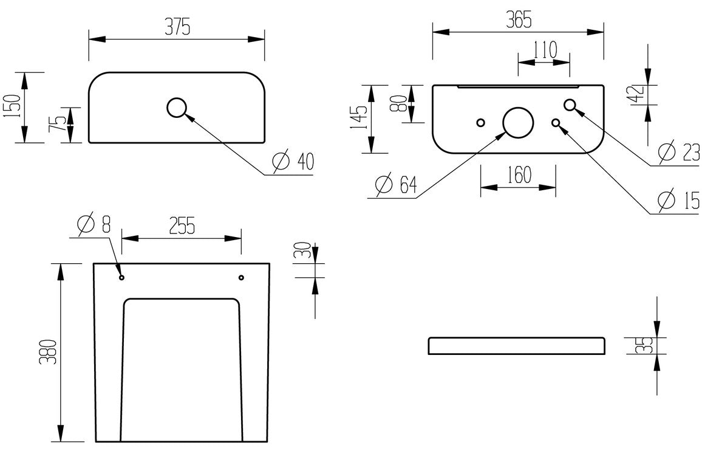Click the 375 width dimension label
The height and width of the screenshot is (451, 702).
pyautogui.click(x=177, y=26)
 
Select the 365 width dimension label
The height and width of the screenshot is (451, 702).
pyautogui.click(x=518, y=19)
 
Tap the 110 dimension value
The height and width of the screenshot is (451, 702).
pyautogui.click(x=544, y=50)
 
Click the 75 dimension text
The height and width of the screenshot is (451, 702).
pyautogui.click(x=58, y=125)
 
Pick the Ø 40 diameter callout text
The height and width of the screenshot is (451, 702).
pyautogui.click(x=293, y=162)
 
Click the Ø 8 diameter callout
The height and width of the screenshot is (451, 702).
pyautogui.click(x=94, y=224)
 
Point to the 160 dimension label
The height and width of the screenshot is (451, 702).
pyautogui.click(x=518, y=175)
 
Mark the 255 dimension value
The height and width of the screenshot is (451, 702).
pyautogui.click(x=182, y=225)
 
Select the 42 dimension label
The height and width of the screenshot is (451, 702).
pyautogui.click(x=637, y=94)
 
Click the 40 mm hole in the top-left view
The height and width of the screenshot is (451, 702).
pyautogui.click(x=177, y=108)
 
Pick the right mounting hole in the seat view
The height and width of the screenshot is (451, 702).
pyautogui.click(x=241, y=278)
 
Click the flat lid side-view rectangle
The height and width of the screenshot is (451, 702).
pyautogui.click(x=517, y=345)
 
